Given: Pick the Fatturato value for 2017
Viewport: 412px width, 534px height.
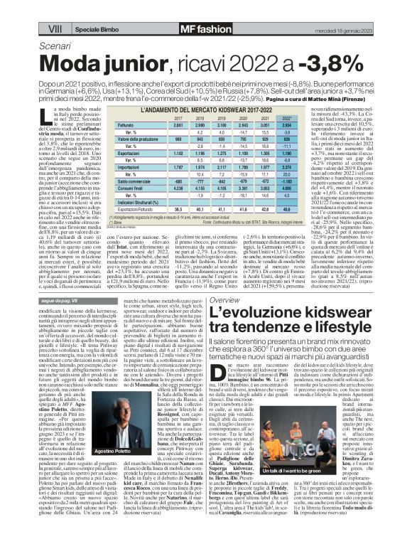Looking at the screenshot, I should [183, 124].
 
